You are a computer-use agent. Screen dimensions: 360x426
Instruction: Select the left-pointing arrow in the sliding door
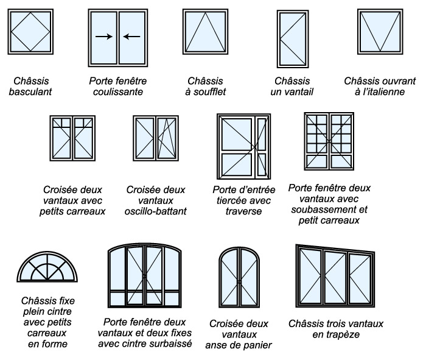tap(132, 37)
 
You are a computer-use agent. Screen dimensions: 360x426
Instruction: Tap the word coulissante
tap(118, 92)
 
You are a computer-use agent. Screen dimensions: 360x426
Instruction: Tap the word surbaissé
tap(172, 344)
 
